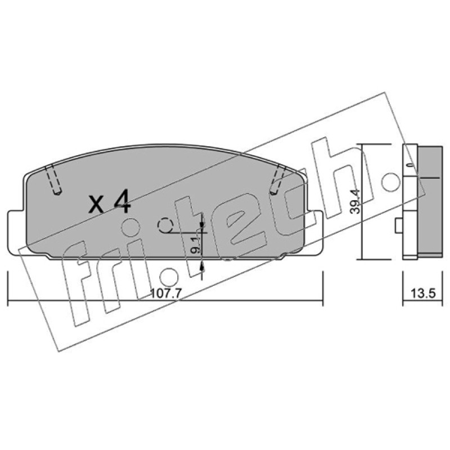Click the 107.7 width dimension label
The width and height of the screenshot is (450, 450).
[x=166, y=293]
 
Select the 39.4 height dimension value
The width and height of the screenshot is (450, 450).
[x=355, y=201]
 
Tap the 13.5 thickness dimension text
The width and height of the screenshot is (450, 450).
[x=423, y=293]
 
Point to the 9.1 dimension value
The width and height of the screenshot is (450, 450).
[x=195, y=246]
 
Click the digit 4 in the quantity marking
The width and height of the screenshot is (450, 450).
[x=122, y=202]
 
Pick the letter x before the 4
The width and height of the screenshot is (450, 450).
[x=96, y=204]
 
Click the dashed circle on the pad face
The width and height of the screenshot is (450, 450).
[x=165, y=226]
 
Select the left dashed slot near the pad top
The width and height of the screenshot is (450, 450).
[x=53, y=181]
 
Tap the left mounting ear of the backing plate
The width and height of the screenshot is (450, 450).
[x=15, y=232]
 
